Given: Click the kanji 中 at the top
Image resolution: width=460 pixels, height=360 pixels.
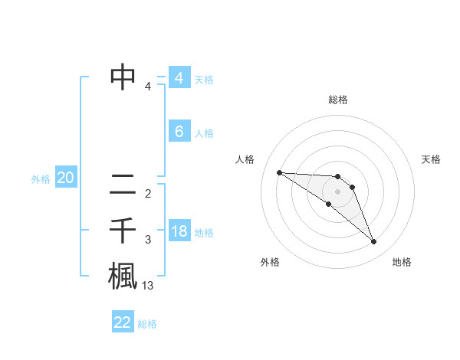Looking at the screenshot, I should coord(123,77).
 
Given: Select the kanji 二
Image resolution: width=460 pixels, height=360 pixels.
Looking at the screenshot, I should coord(123,183).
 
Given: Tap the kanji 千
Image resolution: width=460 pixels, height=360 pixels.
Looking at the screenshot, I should coord(123,230).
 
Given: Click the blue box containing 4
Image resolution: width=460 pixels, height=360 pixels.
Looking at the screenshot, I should coord(179,78).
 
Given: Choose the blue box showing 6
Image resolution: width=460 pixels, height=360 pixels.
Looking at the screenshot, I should coord(179,132).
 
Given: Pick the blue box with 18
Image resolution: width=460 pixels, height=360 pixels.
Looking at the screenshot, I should coord(179,231).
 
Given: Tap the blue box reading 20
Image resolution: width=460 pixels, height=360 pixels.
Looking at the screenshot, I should coord(65,178).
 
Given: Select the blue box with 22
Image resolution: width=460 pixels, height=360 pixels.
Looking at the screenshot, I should coord(123,322).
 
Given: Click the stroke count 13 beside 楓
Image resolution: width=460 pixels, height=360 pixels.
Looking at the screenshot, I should coord(148,286).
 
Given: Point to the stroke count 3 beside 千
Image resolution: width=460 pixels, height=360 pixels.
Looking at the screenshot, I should coord(148,240).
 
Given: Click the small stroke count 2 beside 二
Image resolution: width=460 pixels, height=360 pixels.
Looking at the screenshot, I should coord(148,193).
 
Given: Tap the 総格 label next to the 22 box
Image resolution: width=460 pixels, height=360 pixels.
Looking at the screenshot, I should coord(147,324).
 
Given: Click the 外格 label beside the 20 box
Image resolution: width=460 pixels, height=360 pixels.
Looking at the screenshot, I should coord(41,179).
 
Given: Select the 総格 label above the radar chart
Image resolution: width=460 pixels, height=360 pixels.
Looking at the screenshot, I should coord(338,100).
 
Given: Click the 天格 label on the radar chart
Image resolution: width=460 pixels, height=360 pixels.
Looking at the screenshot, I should coord(432,159).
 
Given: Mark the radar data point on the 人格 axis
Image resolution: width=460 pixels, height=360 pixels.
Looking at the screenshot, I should coord(279,172).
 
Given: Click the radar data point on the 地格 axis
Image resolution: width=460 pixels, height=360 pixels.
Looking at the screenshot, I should coord(374,242).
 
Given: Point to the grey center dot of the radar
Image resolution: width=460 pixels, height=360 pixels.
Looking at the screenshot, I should coord(338,191).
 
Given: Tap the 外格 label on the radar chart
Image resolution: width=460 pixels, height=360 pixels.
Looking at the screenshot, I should coord(270,262).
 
